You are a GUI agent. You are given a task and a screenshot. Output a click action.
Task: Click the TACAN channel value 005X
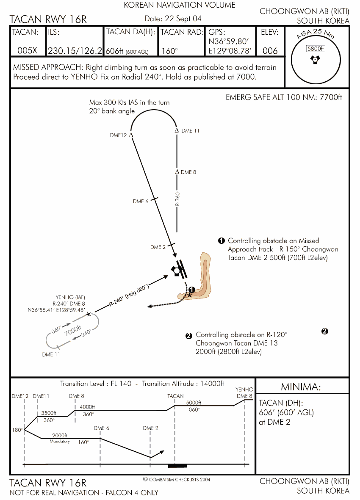pyautogui.click(x=28, y=51)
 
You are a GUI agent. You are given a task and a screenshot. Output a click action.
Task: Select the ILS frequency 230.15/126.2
pyautogui.click(x=75, y=51)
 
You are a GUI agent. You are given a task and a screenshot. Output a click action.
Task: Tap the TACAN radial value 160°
pyautogui.click(x=169, y=51)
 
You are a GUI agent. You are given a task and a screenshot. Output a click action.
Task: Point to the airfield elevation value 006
pyautogui.click(x=270, y=51)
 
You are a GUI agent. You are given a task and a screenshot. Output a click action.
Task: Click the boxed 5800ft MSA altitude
pyautogui.click(x=316, y=49)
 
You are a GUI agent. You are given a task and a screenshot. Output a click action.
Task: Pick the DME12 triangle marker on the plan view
pyautogui.click(x=131, y=135)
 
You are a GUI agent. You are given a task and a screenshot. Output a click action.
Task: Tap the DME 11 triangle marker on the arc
pyautogui.click(x=177, y=130)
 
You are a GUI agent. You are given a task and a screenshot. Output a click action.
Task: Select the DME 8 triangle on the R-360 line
pyautogui.click(x=177, y=171)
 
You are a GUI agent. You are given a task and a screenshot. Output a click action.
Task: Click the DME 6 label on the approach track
pyautogui.click(x=141, y=202)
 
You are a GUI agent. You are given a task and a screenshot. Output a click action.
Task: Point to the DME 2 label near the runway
pyautogui.click(x=158, y=247)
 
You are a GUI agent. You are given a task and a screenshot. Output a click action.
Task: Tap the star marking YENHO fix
pyautogui.click(x=88, y=314)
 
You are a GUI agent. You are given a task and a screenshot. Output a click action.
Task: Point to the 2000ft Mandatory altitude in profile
pyautogui.click(x=60, y=436)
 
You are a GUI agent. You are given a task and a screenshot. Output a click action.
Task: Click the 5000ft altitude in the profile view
pyautogui.click(x=194, y=403)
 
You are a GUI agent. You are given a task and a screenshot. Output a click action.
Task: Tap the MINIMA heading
pyautogui.click(x=301, y=387)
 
